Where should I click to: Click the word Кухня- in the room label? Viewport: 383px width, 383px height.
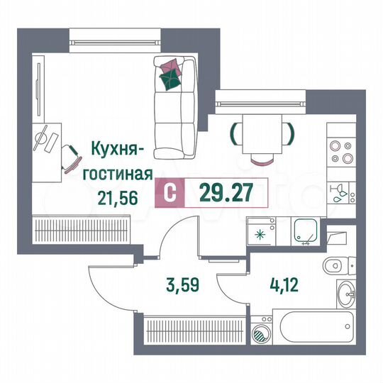click(x=118, y=150)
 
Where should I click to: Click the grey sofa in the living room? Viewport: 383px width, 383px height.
click(x=174, y=106)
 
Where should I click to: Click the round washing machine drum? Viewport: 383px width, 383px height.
click(x=262, y=333)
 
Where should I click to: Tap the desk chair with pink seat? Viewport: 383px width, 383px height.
click(x=71, y=160)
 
